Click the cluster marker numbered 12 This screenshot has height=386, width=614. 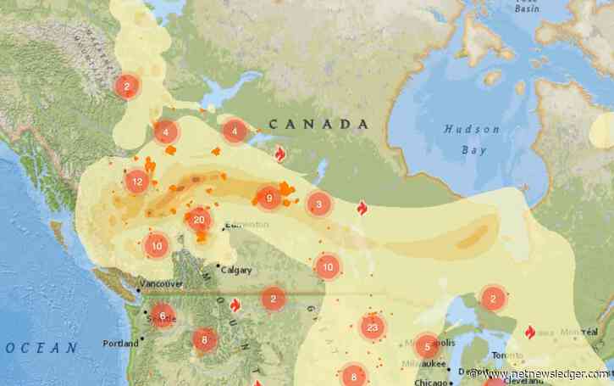pyautogui.click(x=136, y=182)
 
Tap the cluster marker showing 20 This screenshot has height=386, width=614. pyautogui.click(x=199, y=220)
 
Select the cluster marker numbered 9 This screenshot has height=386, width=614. pyautogui.click(x=268, y=199)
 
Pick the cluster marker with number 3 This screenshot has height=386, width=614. pyautogui.click(x=318, y=204)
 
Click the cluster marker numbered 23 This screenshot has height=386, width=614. pyautogui.click(x=372, y=327)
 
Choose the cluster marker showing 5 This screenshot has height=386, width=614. pyautogui.click(x=428, y=345)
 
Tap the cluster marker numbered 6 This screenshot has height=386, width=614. pyautogui.click(x=163, y=316)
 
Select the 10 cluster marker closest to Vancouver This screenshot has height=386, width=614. pyautogui.click(x=156, y=246)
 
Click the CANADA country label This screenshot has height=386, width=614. pyautogui.click(x=318, y=125)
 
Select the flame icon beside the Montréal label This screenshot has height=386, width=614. pyautogui.click(x=530, y=332)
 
